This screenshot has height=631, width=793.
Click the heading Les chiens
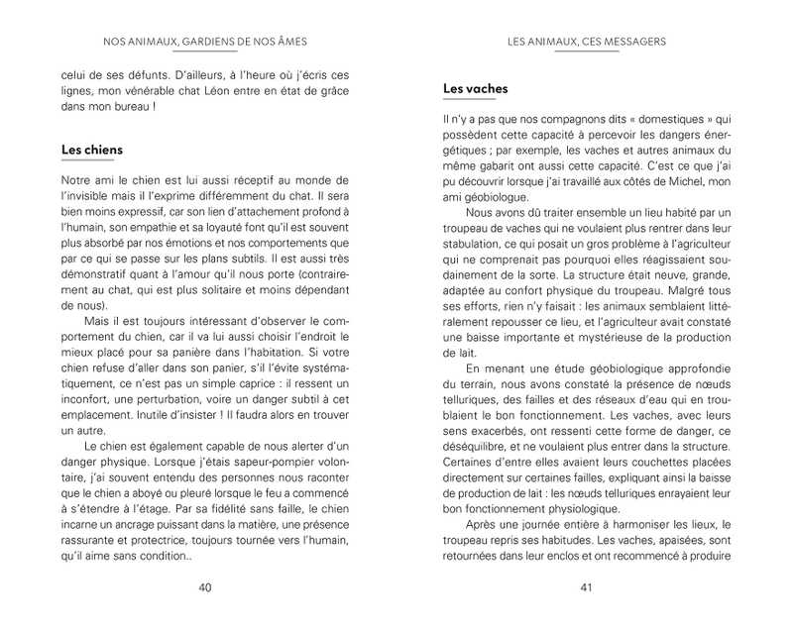pyautogui.click(x=92, y=150)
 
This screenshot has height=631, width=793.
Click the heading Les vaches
pyautogui.click(x=475, y=88)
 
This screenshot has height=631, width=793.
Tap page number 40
pyautogui.click(x=205, y=587)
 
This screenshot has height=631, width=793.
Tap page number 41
pyautogui.click(x=586, y=587)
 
